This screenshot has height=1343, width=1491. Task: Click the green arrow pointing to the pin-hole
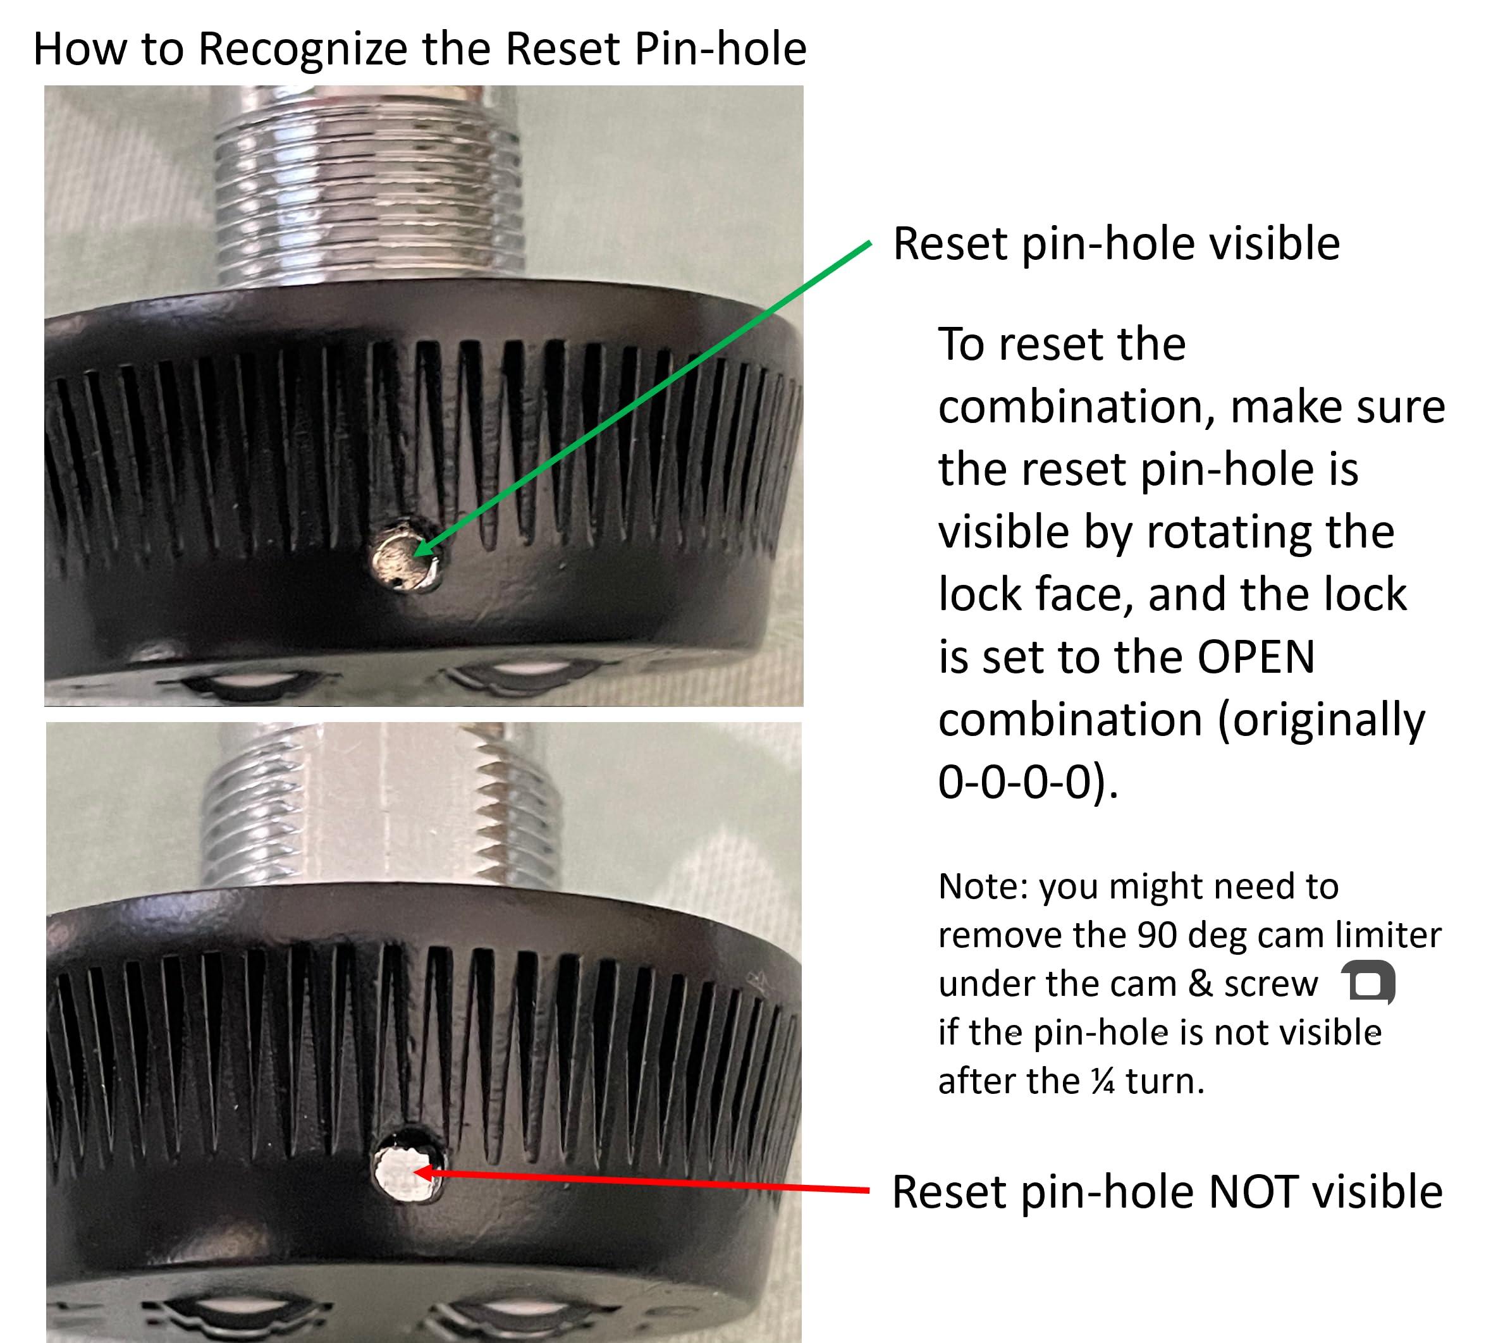(x=642, y=398)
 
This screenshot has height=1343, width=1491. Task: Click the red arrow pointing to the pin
(x=642, y=1180)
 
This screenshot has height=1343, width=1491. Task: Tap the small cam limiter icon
(x=1369, y=983)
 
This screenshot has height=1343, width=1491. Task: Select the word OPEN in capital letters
(x=1256, y=657)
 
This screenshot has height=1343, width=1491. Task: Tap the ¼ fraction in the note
(x=1102, y=1082)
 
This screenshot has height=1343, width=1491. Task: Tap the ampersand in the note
(x=1200, y=984)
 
